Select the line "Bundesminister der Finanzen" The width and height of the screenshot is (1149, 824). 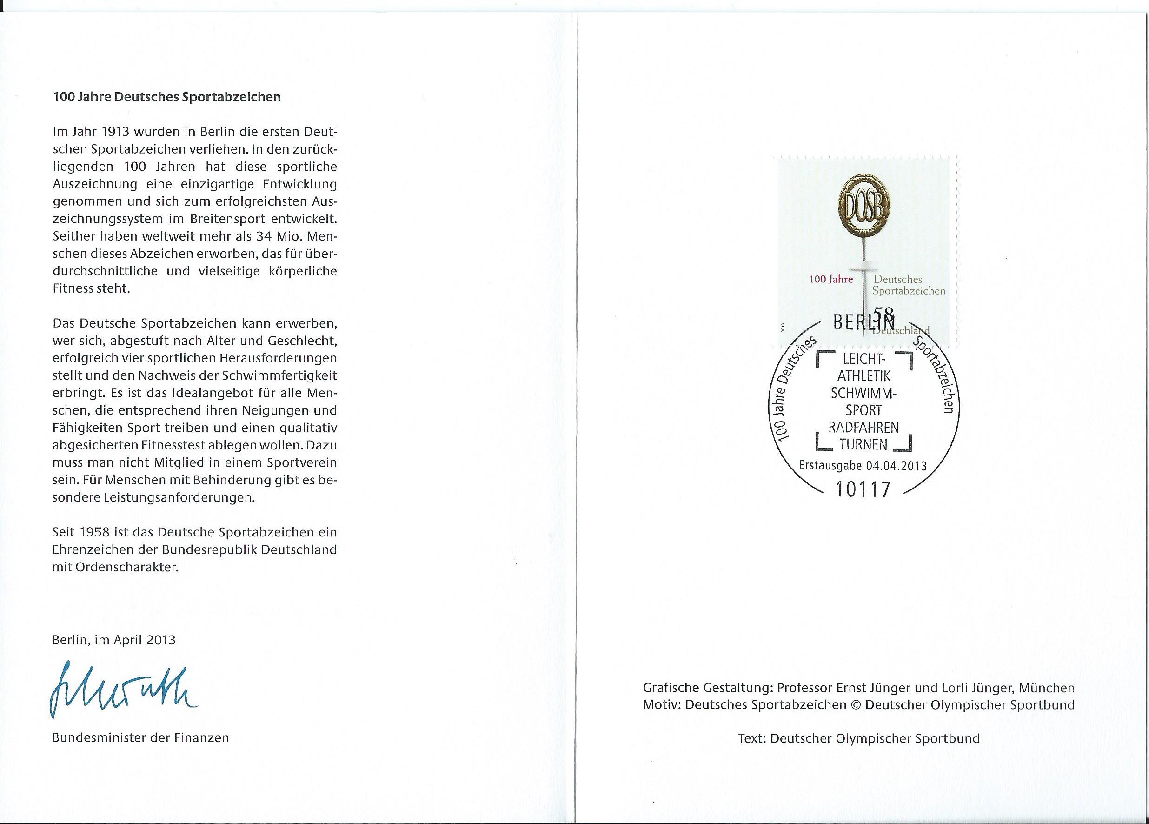tap(140, 738)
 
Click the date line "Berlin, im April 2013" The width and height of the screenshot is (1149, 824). tap(113, 640)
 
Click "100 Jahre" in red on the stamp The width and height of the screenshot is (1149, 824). tap(831, 279)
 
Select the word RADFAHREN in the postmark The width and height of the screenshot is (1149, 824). tap(863, 428)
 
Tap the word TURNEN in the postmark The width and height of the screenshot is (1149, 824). tap(863, 445)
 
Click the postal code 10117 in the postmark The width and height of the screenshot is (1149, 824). tap(863, 489)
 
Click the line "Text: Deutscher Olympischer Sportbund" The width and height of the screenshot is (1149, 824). tap(859, 738)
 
